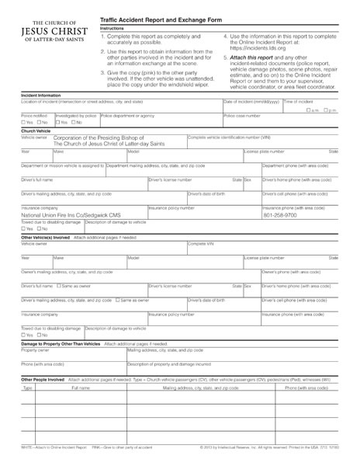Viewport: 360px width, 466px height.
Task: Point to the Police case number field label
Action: click(242, 115)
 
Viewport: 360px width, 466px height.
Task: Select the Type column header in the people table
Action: click(27, 387)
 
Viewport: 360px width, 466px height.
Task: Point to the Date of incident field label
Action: click(247, 101)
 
